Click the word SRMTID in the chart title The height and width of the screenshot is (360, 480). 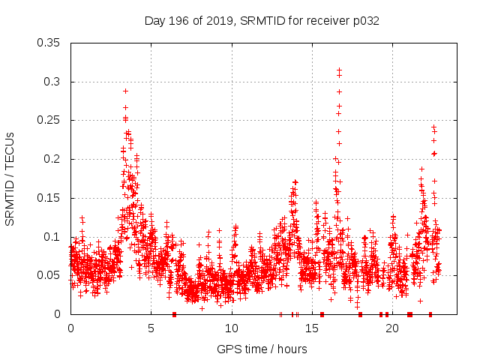261,21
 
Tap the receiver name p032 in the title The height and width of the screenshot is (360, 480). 364,21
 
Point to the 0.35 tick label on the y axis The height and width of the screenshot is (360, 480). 49,43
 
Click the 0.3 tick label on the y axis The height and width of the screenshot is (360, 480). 53,82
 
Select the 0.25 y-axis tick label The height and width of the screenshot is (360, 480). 49,120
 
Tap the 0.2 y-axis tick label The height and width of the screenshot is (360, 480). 53,159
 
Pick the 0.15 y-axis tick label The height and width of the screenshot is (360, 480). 49,198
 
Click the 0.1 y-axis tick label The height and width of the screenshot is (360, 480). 53,237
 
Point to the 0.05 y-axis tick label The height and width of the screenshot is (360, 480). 49,275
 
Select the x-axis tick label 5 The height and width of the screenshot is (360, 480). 151,328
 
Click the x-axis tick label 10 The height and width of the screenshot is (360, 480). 231,328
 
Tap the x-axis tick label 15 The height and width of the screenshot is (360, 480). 311,328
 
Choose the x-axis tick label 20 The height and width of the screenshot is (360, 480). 391,328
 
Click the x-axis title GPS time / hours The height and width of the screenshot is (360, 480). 262,349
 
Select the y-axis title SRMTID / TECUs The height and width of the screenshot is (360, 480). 10,178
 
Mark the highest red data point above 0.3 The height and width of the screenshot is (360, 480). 339,70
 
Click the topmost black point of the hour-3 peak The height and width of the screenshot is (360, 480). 125,91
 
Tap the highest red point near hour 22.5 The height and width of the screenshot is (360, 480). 433,127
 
